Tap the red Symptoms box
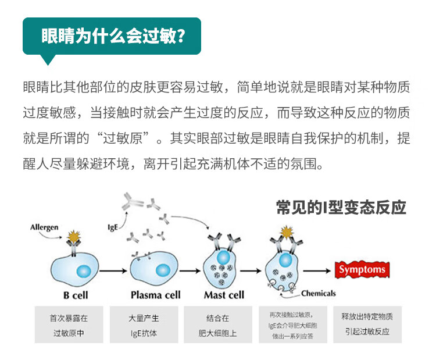click(x=362, y=270)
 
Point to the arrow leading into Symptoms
click(x=317, y=270)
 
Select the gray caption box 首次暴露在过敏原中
click(x=69, y=326)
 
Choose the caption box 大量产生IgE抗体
click(x=144, y=326)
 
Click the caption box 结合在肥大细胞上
click(x=218, y=326)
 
